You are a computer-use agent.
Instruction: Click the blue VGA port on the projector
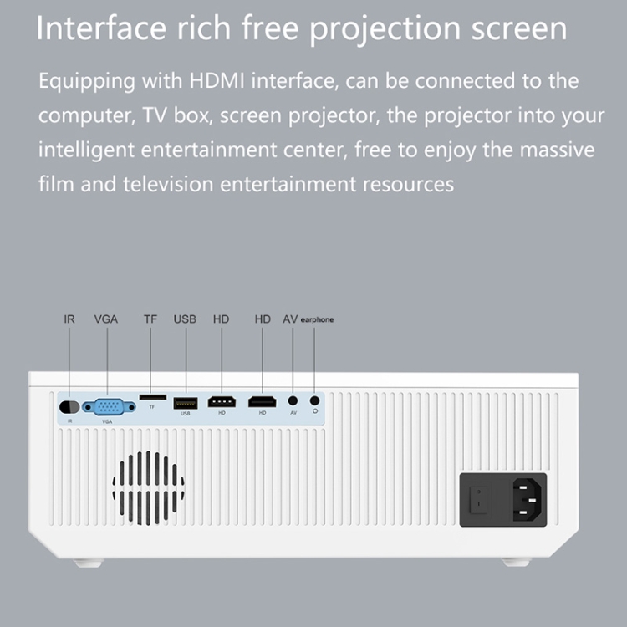109,407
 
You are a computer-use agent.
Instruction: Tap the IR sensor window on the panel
69,407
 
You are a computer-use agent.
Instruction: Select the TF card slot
153,397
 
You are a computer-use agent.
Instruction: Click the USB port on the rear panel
186,403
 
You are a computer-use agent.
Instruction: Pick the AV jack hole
293,400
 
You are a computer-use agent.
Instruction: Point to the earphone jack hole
314,400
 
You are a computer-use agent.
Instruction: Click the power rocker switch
479,499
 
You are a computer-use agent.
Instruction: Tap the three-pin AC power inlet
527,500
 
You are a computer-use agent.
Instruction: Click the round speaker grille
148,488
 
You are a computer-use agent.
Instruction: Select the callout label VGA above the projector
106,319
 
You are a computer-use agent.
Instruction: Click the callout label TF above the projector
150,319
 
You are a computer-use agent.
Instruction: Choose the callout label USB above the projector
185,319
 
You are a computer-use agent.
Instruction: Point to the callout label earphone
317,319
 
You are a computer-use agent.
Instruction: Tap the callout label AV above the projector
290,319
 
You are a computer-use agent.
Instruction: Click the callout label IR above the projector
69,319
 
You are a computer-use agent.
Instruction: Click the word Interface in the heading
101,28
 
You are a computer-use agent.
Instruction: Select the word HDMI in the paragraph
217,80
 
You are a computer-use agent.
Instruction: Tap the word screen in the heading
519,28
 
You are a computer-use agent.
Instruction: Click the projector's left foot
89,563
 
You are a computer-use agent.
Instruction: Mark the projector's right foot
517,563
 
